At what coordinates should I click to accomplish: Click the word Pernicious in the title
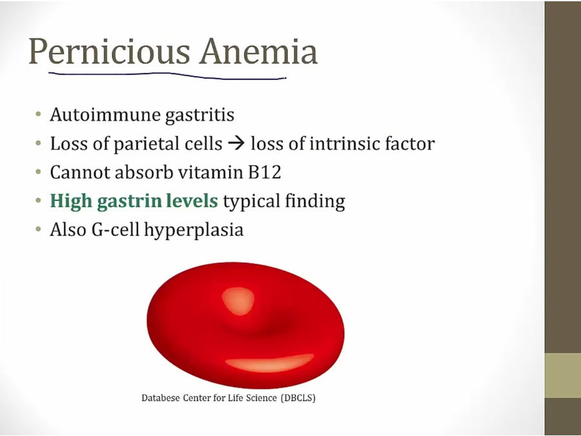point(109,52)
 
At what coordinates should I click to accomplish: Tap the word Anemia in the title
point(259,51)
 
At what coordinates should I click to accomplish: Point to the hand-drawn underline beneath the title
point(167,76)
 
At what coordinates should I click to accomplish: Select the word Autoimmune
point(105,114)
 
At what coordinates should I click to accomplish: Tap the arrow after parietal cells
point(236,143)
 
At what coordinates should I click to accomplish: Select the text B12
point(265,172)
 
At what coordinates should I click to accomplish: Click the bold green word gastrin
point(129,202)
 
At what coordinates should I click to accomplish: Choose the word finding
point(315,202)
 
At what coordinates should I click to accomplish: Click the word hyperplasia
point(194,230)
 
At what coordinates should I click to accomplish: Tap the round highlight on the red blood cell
point(238,300)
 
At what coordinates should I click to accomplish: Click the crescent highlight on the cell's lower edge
point(270,362)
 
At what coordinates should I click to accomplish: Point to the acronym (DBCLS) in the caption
point(298,398)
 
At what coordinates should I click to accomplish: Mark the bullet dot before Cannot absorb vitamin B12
point(39,172)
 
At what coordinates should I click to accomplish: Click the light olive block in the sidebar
point(562,375)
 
